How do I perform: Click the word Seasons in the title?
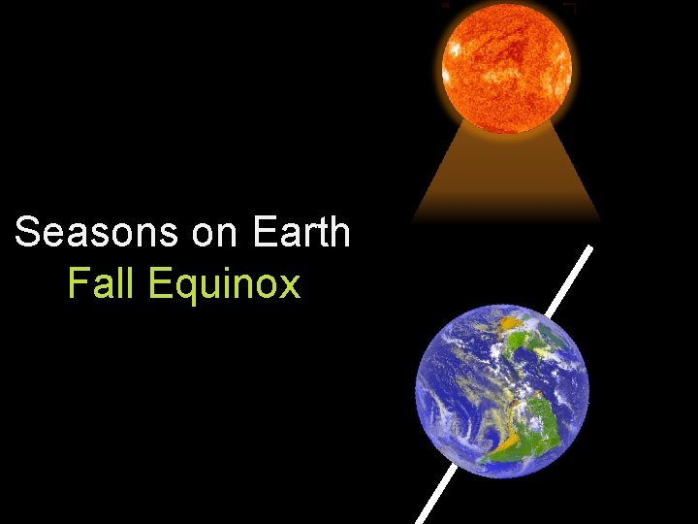[81, 233]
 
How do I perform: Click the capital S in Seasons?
[28, 233]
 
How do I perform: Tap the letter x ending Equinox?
[289, 285]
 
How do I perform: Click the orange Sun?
[507, 65]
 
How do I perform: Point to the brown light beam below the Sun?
[507, 180]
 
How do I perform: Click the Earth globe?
[502, 390]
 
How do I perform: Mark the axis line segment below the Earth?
[434, 497]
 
